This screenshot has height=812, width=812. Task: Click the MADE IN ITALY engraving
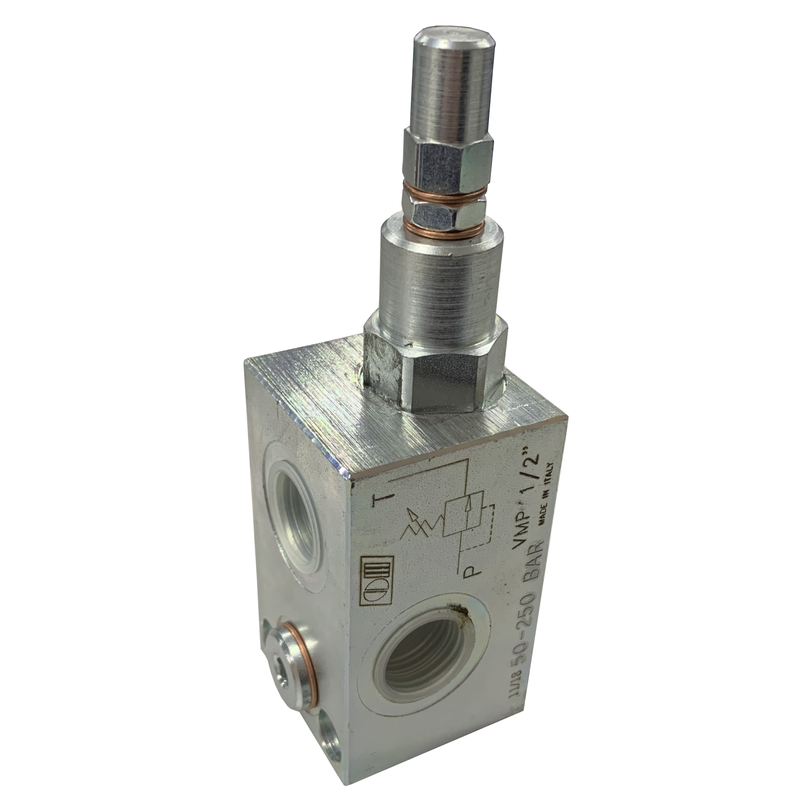point(546,492)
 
